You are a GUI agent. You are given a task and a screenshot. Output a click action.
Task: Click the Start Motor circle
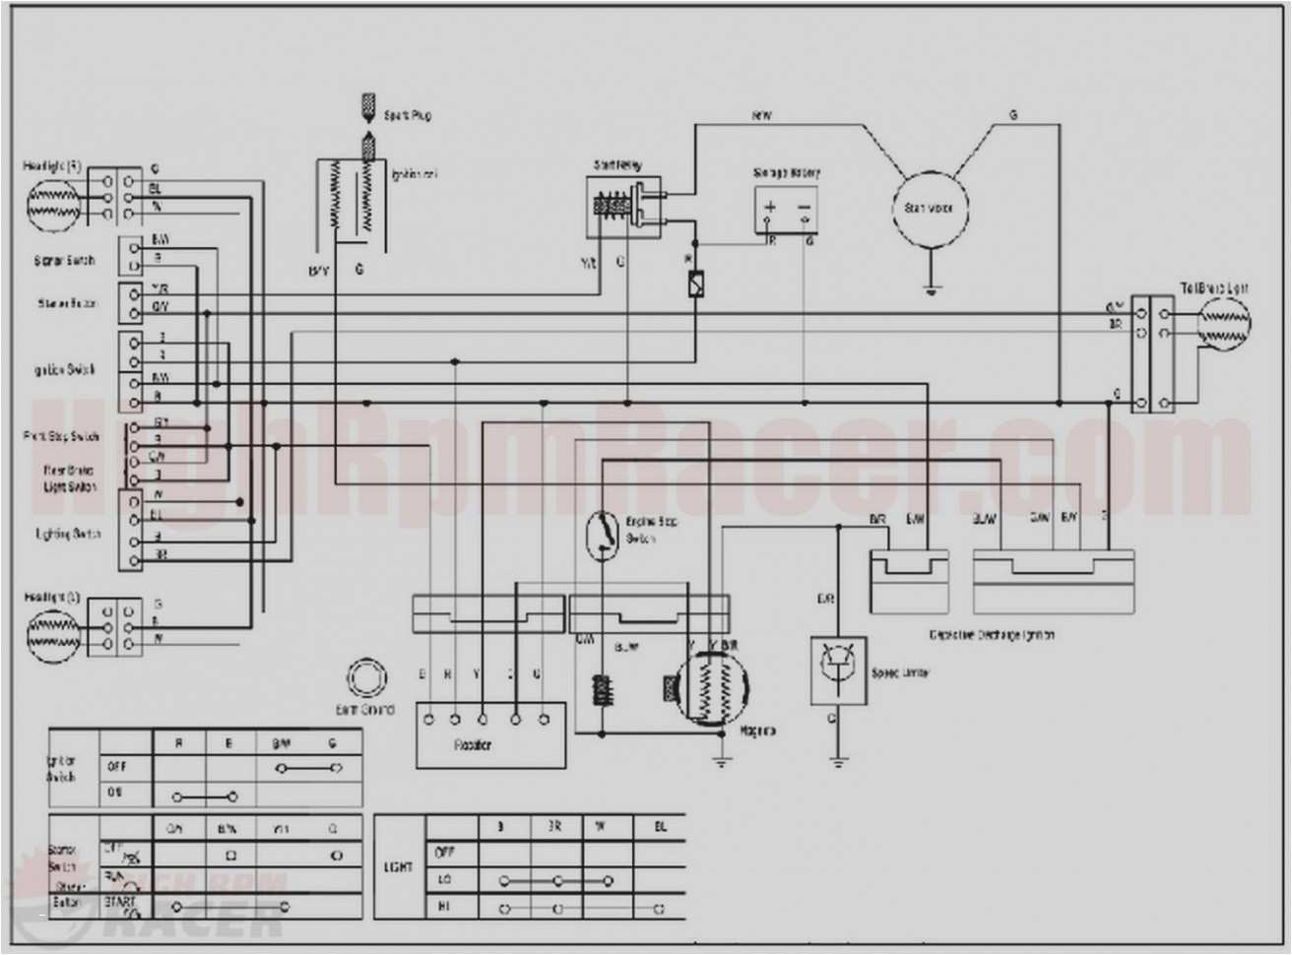coord(930,208)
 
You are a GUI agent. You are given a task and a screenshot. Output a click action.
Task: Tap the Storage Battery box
coord(787,209)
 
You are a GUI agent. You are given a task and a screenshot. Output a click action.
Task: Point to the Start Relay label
coord(617,164)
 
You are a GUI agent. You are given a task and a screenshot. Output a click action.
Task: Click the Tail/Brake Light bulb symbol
coord(1223,322)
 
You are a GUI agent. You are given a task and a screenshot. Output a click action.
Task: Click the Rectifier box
coord(490,734)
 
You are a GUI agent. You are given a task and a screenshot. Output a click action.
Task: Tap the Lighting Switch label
coord(68,534)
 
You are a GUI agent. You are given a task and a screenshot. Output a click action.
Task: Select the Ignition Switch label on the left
coord(65,370)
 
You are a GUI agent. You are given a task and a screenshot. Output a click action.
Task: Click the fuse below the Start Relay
coord(695,284)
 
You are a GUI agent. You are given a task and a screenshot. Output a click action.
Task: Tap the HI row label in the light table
coord(443,907)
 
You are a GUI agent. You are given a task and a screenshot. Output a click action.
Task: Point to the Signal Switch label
coord(65,260)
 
